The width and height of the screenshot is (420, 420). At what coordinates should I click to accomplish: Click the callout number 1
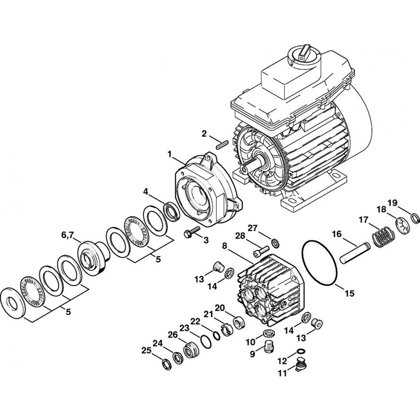[x=170, y=155]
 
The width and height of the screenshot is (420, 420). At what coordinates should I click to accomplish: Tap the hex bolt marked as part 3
[x=192, y=232]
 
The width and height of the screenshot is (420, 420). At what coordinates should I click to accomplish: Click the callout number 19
[x=392, y=203]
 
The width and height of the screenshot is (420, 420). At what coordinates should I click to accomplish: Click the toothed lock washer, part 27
[x=276, y=243]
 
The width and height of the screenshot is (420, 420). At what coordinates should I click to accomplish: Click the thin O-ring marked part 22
[x=205, y=341]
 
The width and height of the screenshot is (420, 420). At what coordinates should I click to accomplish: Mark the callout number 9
[x=252, y=354]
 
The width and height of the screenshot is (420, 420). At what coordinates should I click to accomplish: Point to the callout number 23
[x=185, y=328]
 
